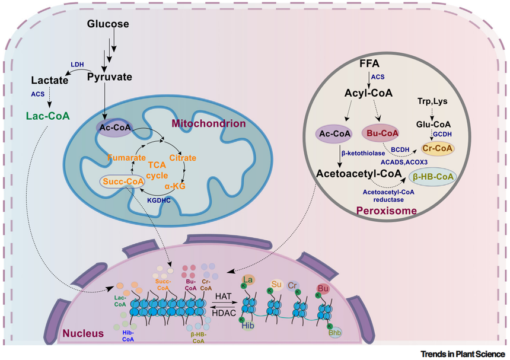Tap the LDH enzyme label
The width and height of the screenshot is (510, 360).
[77, 64]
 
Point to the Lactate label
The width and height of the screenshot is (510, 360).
[49, 79]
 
